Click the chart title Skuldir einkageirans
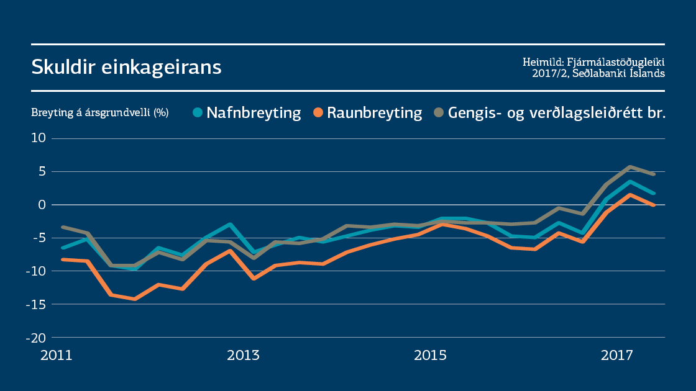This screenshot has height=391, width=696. (126, 66)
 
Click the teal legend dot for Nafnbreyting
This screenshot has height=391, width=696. (198, 112)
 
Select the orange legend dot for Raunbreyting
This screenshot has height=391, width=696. (319, 112)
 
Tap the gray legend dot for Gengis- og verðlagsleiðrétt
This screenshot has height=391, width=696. (439, 112)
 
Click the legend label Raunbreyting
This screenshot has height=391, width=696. (375, 113)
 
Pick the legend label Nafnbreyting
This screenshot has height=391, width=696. (254, 113)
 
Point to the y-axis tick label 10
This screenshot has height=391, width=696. (39, 138)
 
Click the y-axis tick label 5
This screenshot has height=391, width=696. (42, 171)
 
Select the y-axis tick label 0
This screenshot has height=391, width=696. (42, 205)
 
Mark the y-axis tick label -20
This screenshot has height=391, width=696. (36, 338)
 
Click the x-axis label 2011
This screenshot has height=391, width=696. (56, 356)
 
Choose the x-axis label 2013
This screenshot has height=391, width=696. (243, 356)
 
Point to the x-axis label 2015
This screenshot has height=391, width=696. (430, 356)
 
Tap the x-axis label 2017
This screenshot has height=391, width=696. (616, 356)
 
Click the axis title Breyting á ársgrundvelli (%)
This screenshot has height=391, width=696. (100, 113)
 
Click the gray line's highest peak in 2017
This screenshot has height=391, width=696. (630, 166)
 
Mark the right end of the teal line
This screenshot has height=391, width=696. (653, 193)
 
